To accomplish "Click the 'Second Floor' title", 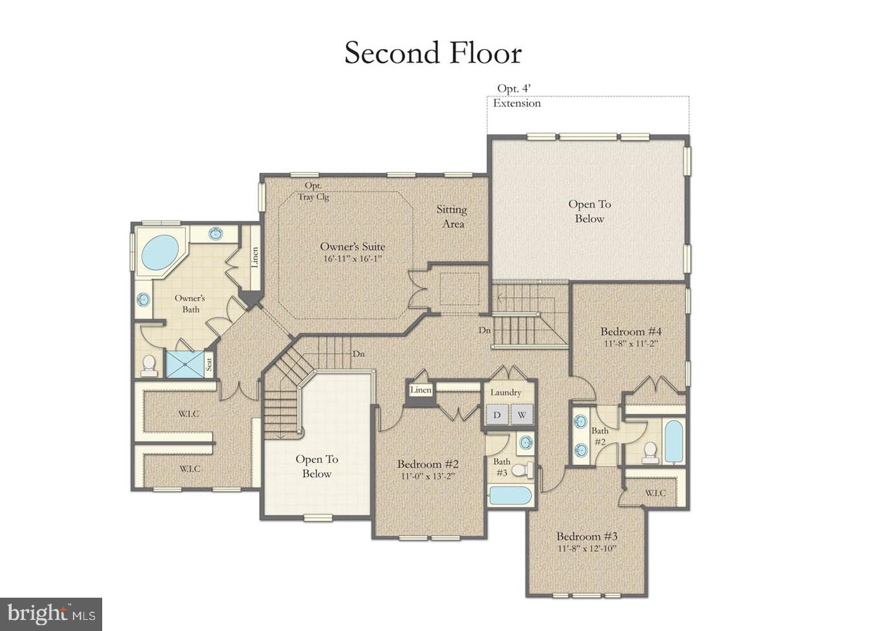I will pos(433,53).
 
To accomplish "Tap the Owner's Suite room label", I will pos(352,247).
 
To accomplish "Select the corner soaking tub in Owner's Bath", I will pos(159,252).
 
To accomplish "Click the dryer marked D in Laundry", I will pos(497,415).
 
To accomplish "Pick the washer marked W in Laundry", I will pos(522,415).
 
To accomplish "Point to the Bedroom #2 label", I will pos(427,464).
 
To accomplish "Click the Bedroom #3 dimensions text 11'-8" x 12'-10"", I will pos(587,549).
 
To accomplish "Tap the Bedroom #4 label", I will pos(631,331).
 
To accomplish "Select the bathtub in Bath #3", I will pos(510,495).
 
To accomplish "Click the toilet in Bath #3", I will pos(526,469).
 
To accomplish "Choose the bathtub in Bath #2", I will pos(673,442).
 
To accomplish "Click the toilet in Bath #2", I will pos(649,451).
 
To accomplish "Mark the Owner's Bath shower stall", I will pos(185,364).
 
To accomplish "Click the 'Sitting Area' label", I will pos(452,216).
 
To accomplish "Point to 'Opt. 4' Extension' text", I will pos(516,96).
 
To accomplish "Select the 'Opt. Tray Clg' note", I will pos(314,191).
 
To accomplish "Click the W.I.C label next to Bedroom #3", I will pos(655,493).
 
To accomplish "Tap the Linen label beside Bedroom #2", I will pos(420,390).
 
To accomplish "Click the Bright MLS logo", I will pos(51,614).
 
